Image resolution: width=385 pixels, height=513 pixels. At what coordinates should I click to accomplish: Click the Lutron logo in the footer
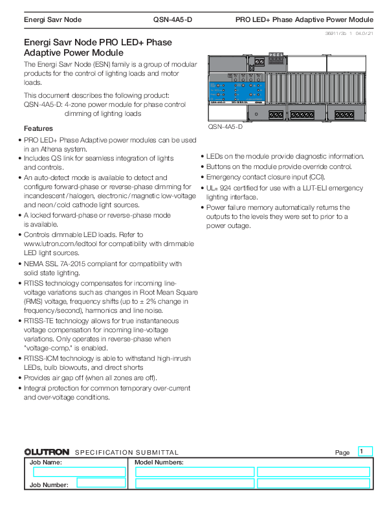pos(47,452)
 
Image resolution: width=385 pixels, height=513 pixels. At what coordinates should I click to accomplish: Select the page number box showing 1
pos(365,451)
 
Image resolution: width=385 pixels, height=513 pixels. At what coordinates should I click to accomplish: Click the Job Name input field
pos(75,472)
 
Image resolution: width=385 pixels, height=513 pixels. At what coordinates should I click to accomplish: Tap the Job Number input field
pos(101,482)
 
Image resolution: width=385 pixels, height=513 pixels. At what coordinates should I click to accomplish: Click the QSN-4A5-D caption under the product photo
pos(225,126)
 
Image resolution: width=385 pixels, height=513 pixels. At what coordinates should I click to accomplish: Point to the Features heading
pos(38,128)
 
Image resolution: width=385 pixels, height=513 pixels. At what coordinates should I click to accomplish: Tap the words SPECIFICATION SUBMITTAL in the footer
pos(127,452)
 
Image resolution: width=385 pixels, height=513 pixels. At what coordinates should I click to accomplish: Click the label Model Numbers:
pos(159,462)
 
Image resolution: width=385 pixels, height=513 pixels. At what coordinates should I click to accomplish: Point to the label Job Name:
pos(44,462)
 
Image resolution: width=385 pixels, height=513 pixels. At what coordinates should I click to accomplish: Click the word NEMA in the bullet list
pos(34,264)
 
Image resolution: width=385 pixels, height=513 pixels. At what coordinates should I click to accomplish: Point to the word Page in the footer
pos(342,452)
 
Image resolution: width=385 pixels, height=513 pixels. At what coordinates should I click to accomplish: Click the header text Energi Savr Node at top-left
pos(52,20)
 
